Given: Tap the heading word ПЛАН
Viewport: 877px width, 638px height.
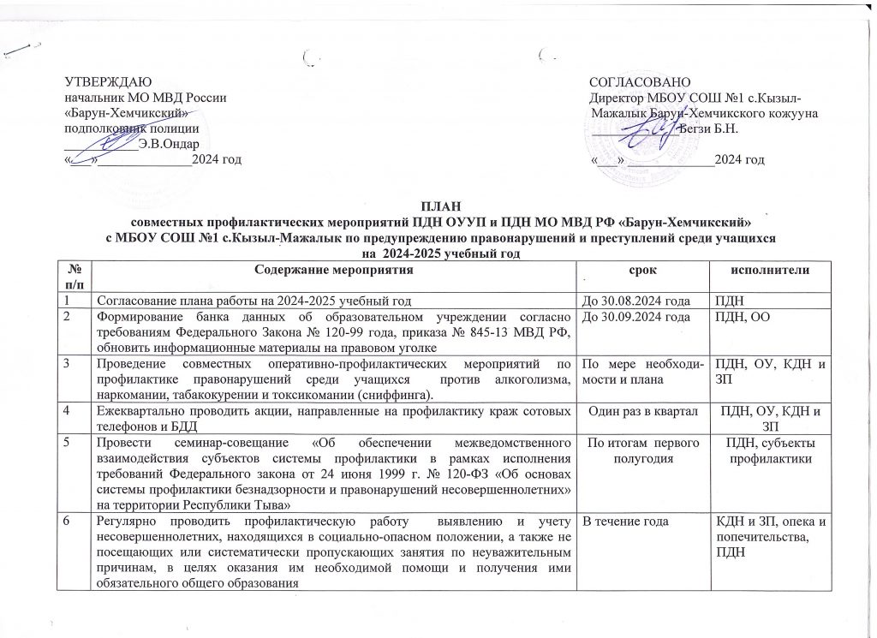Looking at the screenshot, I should [x=438, y=205].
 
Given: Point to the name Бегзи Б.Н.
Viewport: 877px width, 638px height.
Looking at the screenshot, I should [x=708, y=128].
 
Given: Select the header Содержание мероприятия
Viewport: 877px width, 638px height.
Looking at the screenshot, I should [x=334, y=271].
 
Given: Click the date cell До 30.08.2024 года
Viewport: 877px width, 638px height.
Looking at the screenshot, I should [x=635, y=299].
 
